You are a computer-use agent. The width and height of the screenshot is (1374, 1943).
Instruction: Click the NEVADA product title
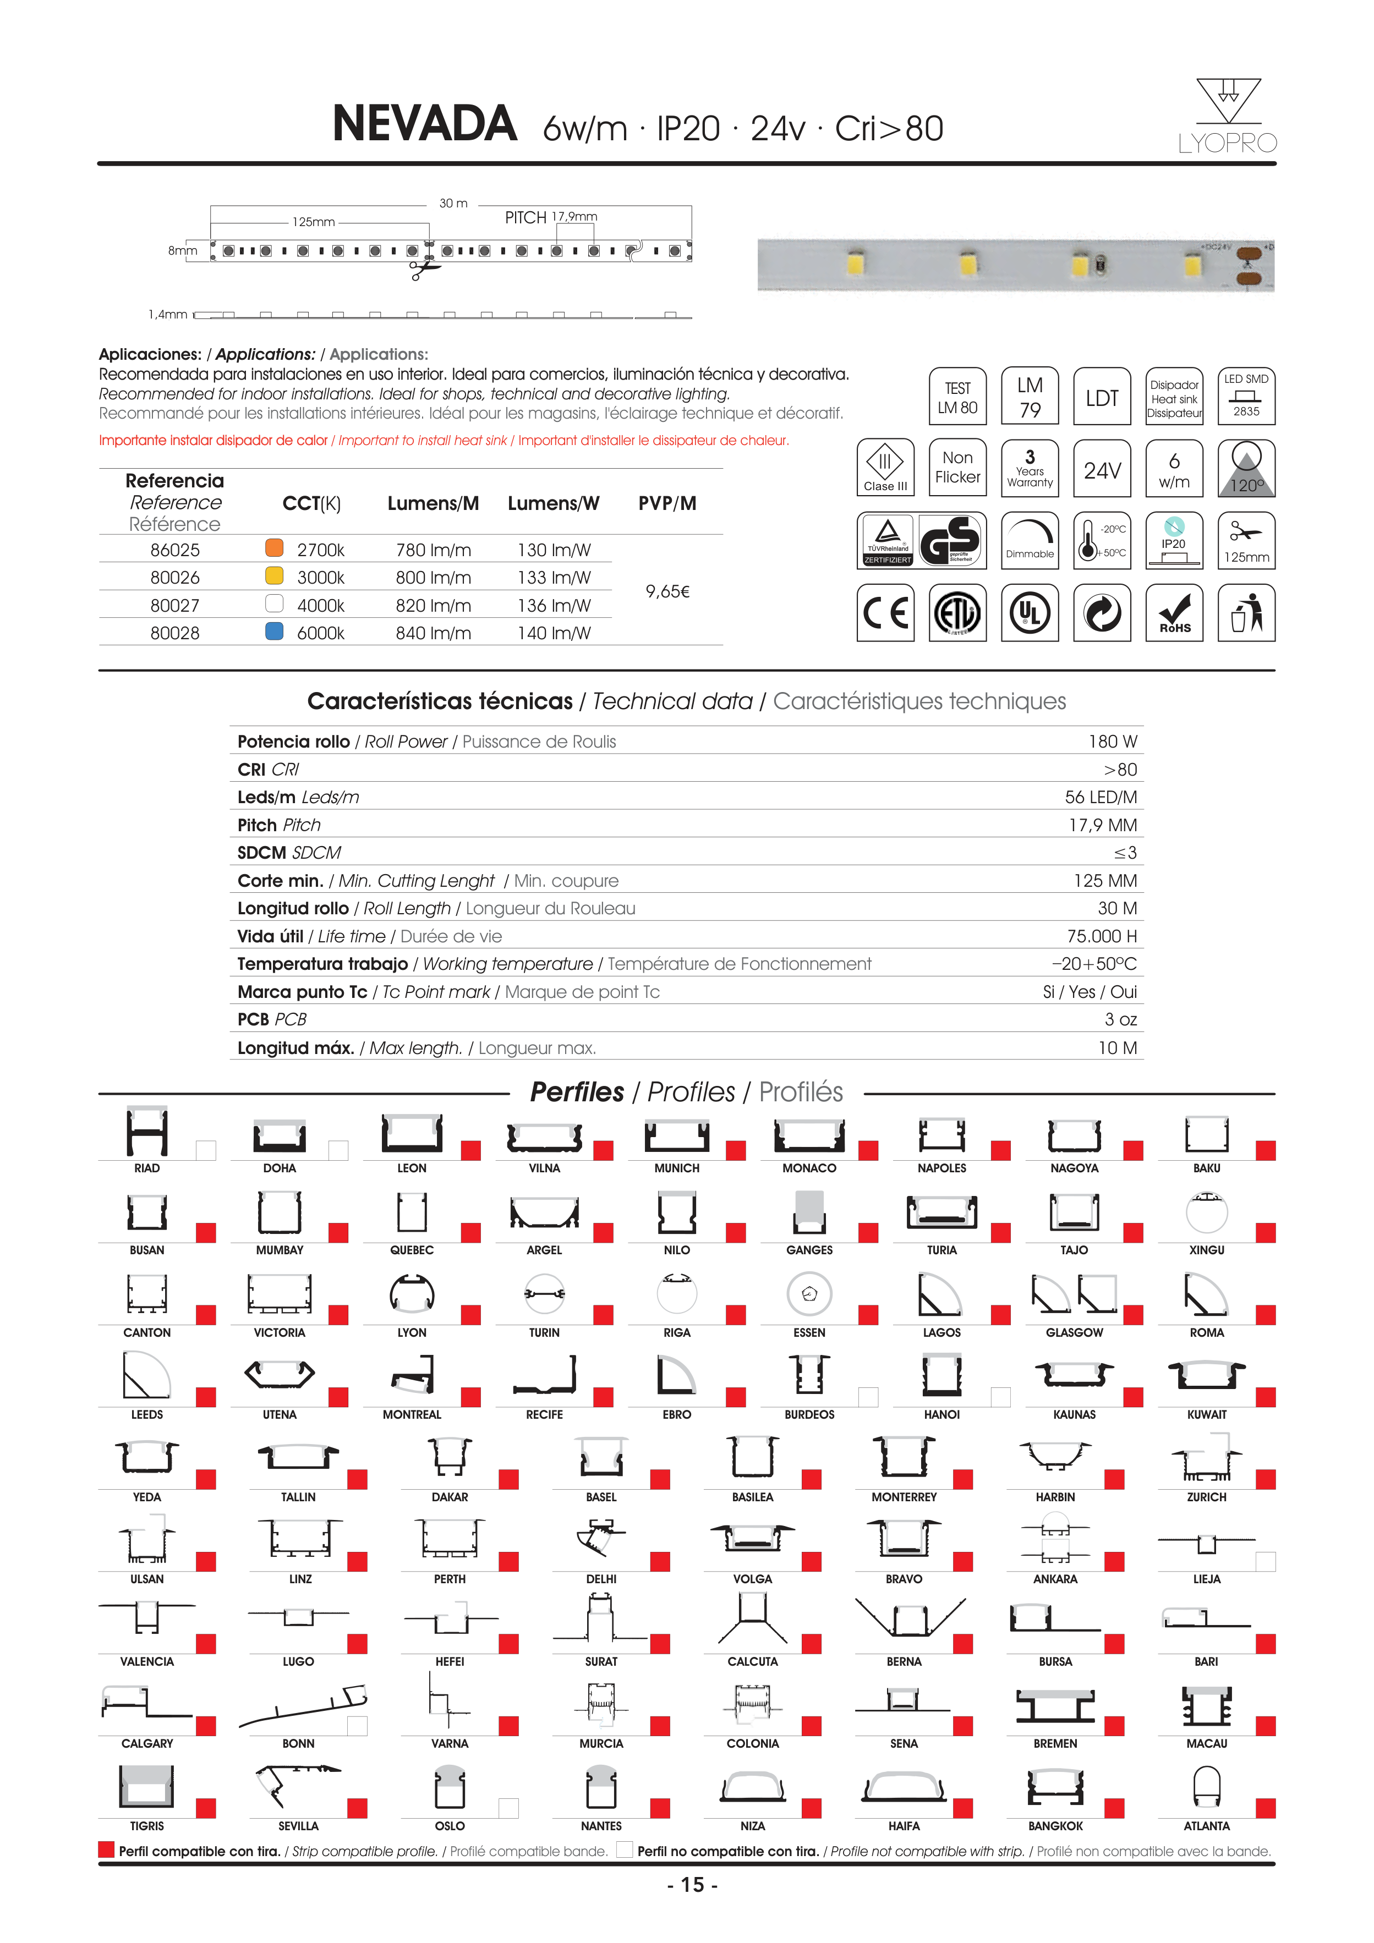[424, 124]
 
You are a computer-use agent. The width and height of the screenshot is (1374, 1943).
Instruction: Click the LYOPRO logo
[1228, 117]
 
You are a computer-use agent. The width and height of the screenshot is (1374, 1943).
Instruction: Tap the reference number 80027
[174, 605]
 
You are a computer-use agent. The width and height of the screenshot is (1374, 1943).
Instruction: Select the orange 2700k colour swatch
[274, 547]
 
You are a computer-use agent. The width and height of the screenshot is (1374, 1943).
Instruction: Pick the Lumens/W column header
[553, 503]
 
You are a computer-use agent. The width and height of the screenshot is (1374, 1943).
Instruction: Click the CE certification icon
[885, 613]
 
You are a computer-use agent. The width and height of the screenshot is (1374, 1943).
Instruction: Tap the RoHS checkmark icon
[1174, 613]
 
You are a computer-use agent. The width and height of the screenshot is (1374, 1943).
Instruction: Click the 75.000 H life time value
[1102, 936]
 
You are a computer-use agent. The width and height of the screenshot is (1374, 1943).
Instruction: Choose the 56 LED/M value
[1101, 797]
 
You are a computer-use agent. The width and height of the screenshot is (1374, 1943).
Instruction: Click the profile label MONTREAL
[412, 1415]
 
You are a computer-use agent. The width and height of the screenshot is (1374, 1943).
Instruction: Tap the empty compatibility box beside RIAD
[206, 1150]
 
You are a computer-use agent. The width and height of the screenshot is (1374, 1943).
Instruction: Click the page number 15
[693, 1885]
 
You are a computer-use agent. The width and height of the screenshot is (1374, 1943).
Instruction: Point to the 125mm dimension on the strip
[313, 222]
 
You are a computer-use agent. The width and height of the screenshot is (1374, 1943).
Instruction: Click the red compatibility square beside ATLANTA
[1266, 1808]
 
